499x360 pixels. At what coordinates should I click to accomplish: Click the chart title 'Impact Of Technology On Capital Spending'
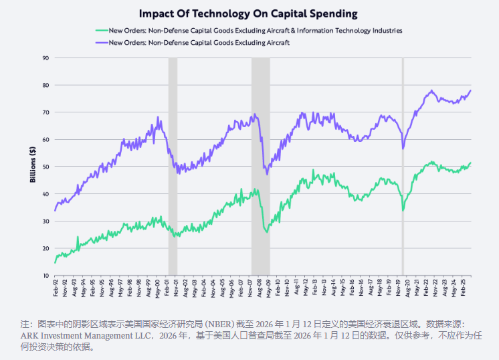(x=248, y=13)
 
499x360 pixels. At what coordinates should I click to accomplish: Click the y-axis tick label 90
(x=45, y=58)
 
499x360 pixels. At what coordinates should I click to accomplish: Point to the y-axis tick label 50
(x=45, y=167)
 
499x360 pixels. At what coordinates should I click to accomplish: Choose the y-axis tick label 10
(x=45, y=275)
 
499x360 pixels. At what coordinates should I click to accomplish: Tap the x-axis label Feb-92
(x=56, y=288)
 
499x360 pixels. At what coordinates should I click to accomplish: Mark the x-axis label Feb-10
(x=277, y=288)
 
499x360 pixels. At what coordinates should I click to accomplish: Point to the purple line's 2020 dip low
(x=403, y=149)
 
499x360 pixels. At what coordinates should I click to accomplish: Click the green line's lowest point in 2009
(x=267, y=232)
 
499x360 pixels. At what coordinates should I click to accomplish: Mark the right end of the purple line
(x=470, y=90)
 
